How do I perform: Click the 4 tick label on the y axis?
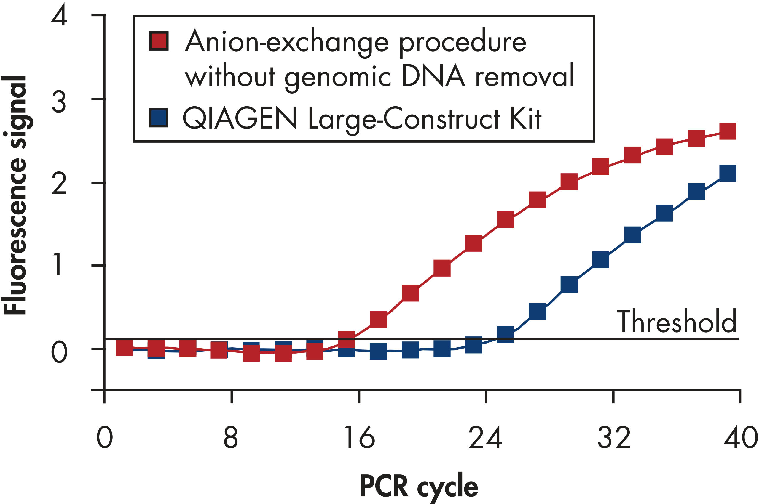point(59,15)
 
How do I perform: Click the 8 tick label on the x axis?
point(230,437)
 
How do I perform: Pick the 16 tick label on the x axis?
point(359,437)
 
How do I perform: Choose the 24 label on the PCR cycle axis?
point(485,437)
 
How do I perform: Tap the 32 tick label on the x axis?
point(613,437)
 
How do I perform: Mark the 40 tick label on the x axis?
point(740,437)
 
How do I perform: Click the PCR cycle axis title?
point(419,486)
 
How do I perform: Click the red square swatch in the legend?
point(159,41)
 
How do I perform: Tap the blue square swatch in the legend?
point(158,118)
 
